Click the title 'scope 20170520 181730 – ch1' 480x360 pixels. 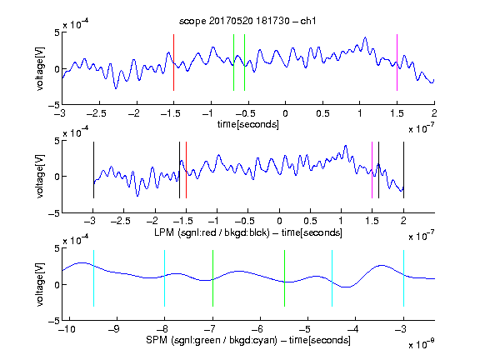coord(247,21)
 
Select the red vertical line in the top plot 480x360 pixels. coord(173,62)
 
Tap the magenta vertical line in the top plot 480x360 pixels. coord(397,62)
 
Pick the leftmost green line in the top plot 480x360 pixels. coord(233,62)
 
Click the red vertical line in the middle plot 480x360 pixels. coord(186,170)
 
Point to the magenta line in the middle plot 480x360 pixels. coord(372,170)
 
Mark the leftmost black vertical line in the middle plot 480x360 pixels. coord(93,170)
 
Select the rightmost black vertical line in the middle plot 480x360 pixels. coord(403,170)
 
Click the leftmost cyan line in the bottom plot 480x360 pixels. coord(93,278)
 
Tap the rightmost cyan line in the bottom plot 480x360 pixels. coord(403,278)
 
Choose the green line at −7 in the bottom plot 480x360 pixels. coord(212,278)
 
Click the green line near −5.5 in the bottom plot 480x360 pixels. coord(284,278)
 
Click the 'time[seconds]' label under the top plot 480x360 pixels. coord(248,124)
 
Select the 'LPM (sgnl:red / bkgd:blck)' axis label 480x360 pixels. coord(212,232)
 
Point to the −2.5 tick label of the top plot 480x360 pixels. coord(96,113)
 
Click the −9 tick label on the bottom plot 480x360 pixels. coord(114,329)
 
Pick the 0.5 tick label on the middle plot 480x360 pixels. coord(310,221)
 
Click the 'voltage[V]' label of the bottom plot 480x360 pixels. coord(40,284)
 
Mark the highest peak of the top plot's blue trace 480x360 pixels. coord(365,37)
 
